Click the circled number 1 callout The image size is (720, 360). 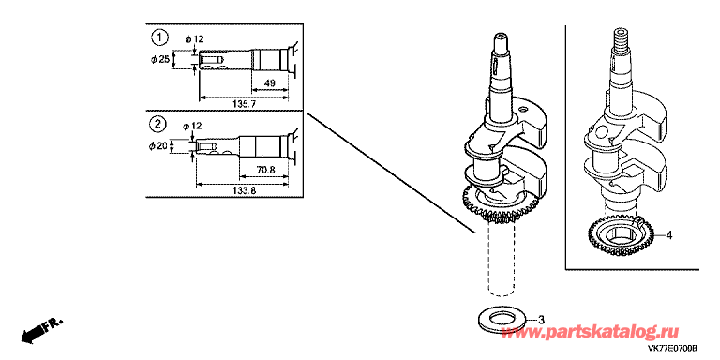click(x=158, y=38)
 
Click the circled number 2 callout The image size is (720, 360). click(x=158, y=124)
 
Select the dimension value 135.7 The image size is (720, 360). click(x=244, y=105)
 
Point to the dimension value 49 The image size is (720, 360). click(x=270, y=83)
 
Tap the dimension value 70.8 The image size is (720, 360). click(x=266, y=170)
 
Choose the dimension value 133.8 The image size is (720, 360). click(x=244, y=191)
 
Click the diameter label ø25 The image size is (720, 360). click(x=159, y=60)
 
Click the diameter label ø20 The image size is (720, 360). click(x=157, y=146)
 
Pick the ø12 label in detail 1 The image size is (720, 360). click(x=195, y=40)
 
